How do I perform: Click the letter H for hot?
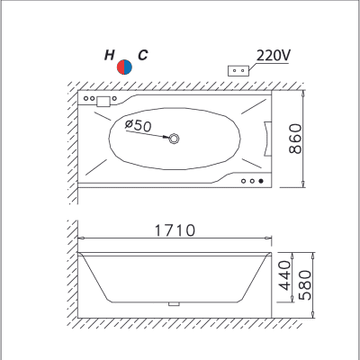point(110,55)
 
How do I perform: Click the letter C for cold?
point(143,55)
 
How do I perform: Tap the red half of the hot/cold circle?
point(121,67)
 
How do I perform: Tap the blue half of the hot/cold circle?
point(128,67)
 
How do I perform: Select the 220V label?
point(274,55)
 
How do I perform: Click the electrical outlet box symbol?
point(238,70)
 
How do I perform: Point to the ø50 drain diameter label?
point(139,125)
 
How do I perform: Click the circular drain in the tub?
point(174,139)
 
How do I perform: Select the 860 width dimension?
point(295,139)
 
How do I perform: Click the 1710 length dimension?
point(175,230)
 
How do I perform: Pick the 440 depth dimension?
point(284,275)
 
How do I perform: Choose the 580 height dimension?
point(305,285)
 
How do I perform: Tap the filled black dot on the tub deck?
point(261,181)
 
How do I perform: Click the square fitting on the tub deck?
point(103,102)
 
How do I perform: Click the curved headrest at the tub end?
point(267,139)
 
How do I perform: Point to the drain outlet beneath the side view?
point(174,304)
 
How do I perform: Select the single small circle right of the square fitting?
point(114,98)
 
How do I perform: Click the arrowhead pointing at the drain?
point(166,137)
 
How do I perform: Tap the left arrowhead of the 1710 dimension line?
point(81,238)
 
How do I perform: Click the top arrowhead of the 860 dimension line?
point(303,94)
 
